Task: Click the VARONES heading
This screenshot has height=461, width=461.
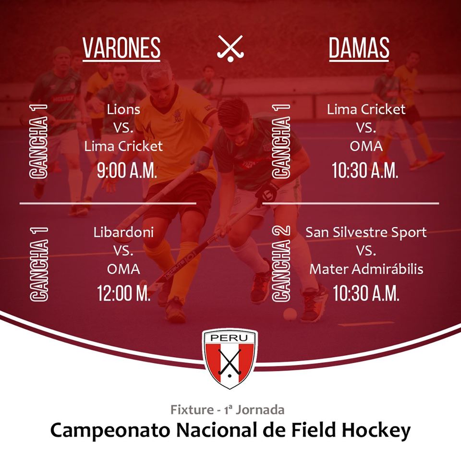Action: (x=121, y=48)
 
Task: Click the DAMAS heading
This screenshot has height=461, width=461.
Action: (x=359, y=48)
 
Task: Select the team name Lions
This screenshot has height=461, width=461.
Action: (x=123, y=109)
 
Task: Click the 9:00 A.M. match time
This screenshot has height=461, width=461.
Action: (x=127, y=170)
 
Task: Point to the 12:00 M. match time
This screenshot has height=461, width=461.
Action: (x=124, y=293)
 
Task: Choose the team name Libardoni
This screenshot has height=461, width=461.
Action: (x=123, y=232)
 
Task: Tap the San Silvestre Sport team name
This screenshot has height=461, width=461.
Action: (x=366, y=232)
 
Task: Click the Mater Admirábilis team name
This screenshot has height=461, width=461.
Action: (x=366, y=269)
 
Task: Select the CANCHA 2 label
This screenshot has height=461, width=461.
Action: (x=281, y=264)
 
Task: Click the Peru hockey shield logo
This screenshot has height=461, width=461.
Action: (x=230, y=358)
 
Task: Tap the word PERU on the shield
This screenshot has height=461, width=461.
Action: (x=230, y=338)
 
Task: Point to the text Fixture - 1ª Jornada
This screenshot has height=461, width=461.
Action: (x=228, y=410)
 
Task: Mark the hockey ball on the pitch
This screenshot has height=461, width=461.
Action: (x=290, y=314)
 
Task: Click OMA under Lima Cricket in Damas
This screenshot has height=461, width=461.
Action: (x=366, y=146)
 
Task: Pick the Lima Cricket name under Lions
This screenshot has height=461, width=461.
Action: (x=123, y=146)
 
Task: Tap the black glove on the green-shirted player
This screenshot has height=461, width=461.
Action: (x=267, y=193)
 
